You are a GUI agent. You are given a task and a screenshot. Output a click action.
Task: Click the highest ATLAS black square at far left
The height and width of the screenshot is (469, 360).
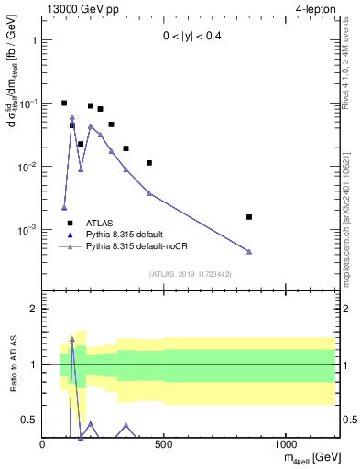tap(64, 104)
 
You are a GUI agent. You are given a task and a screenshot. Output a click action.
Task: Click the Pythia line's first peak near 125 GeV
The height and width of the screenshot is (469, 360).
tap(72, 117)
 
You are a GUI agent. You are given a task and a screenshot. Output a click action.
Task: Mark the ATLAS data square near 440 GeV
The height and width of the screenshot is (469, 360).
tap(149, 163)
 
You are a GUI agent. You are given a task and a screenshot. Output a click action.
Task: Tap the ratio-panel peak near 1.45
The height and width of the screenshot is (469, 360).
tap(72, 339)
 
